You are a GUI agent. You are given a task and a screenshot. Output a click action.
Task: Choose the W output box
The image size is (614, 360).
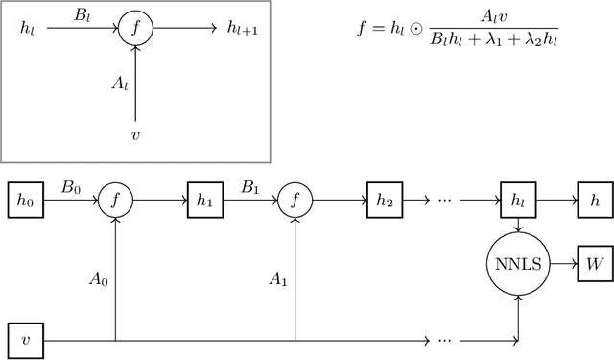[591, 261]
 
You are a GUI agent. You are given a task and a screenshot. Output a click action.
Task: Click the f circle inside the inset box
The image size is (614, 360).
[137, 30]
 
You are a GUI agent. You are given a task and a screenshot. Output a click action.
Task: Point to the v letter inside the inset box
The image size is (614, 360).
[137, 134]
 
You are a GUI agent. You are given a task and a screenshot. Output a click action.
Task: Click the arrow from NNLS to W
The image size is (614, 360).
[561, 261]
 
